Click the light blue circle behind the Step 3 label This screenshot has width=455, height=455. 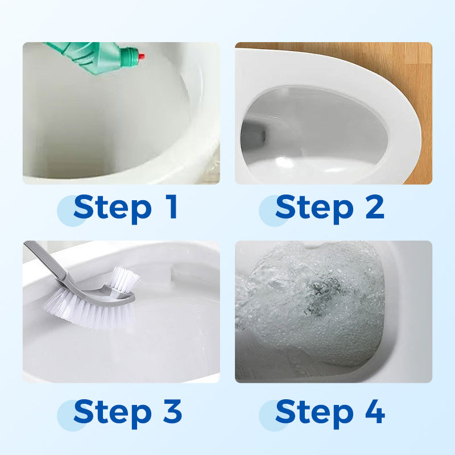(x=71, y=415)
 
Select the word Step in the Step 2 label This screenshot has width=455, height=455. (x=315, y=209)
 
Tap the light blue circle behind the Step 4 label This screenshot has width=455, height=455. (x=272, y=415)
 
